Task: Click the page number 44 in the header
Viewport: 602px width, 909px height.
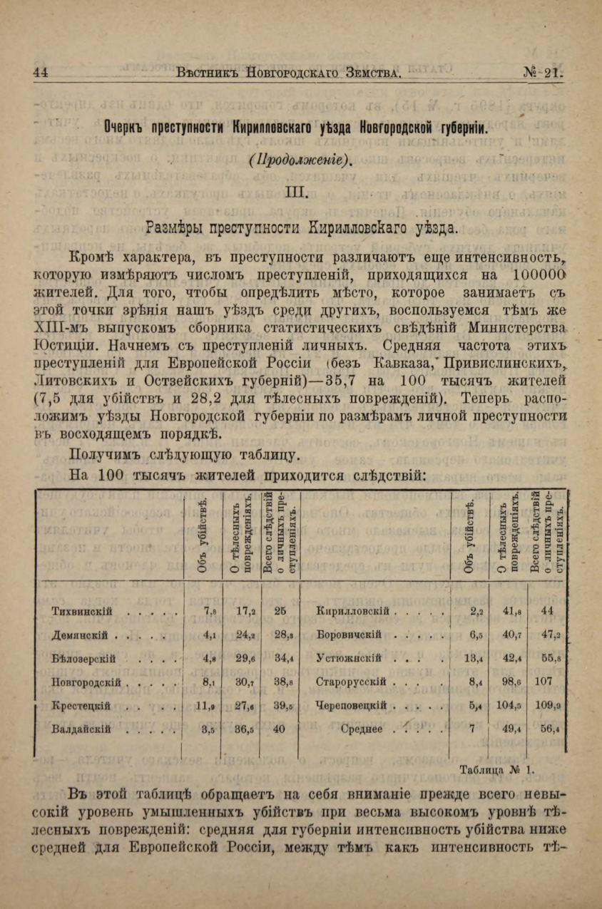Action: click(x=40, y=72)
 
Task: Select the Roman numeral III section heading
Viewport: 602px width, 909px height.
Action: click(x=295, y=192)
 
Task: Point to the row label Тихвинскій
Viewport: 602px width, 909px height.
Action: click(x=81, y=611)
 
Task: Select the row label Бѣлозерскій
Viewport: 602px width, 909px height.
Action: click(x=84, y=658)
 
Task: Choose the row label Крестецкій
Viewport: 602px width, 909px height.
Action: click(x=81, y=706)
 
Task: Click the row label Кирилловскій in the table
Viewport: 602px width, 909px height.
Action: click(x=352, y=611)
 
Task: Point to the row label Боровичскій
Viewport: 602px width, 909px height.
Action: click(x=349, y=635)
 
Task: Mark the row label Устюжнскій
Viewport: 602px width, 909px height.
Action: click(x=350, y=658)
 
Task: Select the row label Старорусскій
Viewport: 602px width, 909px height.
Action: click(x=351, y=682)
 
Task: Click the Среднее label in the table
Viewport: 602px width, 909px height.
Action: click(x=362, y=729)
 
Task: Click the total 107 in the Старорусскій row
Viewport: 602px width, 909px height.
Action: click(x=544, y=681)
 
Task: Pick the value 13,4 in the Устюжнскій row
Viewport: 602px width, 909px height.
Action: click(x=473, y=658)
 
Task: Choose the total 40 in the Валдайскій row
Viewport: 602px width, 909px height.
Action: click(x=279, y=729)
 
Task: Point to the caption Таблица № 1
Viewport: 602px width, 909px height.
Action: click(x=498, y=769)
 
